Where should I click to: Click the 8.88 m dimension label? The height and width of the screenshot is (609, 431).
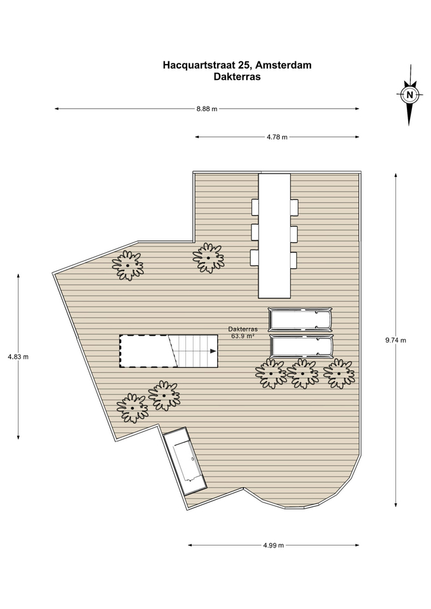207,108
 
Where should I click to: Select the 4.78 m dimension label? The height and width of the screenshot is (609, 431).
277,137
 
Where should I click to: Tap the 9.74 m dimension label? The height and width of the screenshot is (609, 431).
395,340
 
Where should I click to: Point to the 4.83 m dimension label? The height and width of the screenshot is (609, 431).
18,357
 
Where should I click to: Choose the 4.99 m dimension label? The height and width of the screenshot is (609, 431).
274,545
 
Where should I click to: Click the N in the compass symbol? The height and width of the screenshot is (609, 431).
409,95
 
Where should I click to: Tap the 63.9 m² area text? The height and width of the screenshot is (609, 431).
243,336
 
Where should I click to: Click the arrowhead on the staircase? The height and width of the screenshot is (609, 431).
213,351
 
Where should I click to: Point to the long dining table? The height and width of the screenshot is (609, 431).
274,236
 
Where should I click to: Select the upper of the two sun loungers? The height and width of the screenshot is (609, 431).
300,320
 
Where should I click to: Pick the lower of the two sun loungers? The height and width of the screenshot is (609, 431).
302,346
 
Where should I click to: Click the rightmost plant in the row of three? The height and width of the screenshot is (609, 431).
339,374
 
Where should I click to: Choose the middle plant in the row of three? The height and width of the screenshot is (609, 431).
302,374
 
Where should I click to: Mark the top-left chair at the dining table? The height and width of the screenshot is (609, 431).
255,207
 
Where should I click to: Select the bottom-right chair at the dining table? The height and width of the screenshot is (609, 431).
294,260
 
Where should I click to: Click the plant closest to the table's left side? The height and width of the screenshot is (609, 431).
208,258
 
